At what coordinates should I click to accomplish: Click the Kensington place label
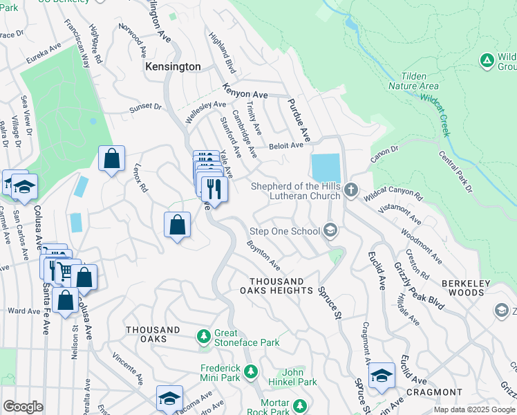[x=173, y=67]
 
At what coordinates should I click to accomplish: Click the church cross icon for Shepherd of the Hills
[x=351, y=190]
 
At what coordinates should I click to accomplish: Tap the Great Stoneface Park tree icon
[x=203, y=336]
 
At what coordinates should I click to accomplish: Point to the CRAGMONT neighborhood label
[x=433, y=392]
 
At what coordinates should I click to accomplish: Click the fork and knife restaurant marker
[x=214, y=187]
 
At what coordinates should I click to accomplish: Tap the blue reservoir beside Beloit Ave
[x=326, y=167]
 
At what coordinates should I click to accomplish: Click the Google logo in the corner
[x=23, y=407]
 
